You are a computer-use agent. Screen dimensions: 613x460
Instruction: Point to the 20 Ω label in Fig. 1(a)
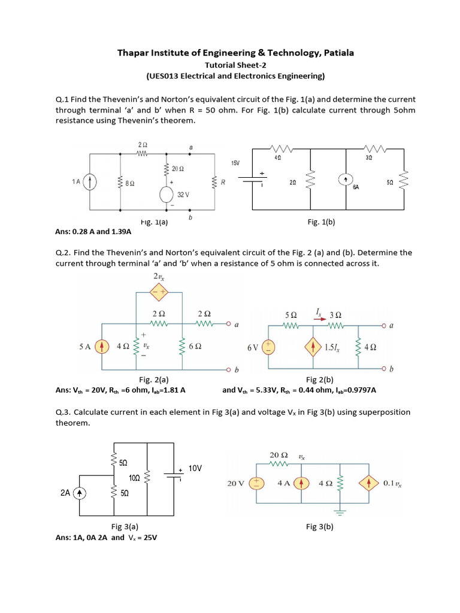tap(178, 169)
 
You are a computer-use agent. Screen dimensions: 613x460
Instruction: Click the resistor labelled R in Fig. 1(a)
tap(214, 183)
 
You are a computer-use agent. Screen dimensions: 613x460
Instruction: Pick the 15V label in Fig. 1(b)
tap(235, 163)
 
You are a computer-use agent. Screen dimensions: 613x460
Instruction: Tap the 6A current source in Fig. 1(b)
tap(347, 178)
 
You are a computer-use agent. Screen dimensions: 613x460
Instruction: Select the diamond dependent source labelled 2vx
tap(160, 293)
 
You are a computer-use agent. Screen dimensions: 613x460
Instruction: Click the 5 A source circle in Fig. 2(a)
tap(102, 346)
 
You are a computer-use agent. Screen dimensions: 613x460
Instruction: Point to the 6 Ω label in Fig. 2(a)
tap(195, 346)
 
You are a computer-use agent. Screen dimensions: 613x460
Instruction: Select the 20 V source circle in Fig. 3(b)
tap(255, 484)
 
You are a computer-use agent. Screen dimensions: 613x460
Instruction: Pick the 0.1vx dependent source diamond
tap(369, 484)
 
